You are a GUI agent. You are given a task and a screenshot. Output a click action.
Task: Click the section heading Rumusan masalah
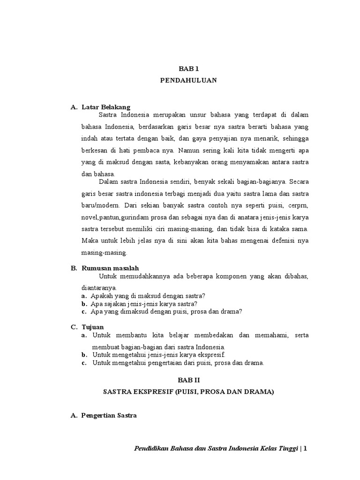110,268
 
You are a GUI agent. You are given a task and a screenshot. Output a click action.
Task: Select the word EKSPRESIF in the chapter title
149,392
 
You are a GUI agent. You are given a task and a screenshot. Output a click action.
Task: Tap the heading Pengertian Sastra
109,415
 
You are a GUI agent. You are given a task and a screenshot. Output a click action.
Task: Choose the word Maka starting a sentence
90,240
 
